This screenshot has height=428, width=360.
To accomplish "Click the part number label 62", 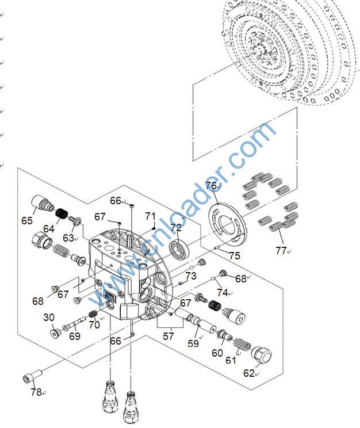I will [x=248, y=373].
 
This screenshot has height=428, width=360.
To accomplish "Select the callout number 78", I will [x=36, y=392].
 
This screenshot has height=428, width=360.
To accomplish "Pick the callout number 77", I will [x=281, y=250].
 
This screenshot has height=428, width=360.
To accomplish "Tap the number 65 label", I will [x=27, y=220].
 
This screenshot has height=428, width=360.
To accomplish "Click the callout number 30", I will [x=49, y=317].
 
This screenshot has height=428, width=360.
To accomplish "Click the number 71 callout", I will [x=151, y=216].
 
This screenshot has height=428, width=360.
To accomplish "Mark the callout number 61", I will [x=230, y=360].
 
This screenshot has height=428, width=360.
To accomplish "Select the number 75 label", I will [x=234, y=256].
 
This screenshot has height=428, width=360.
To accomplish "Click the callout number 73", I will [x=191, y=276].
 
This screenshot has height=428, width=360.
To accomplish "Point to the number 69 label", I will [x=75, y=337].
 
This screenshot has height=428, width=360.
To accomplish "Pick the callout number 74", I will [x=223, y=293].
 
